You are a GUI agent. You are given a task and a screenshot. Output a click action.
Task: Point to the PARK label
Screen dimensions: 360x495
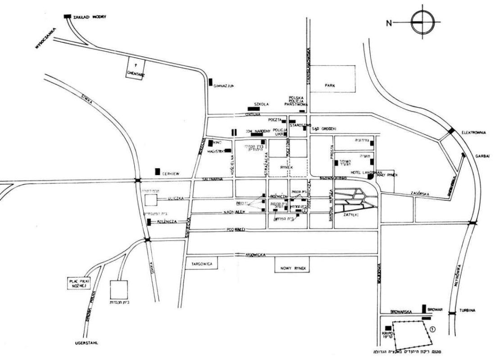tap(333, 85)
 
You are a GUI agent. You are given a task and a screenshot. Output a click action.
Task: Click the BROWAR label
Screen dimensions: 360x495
tap(437, 309)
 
